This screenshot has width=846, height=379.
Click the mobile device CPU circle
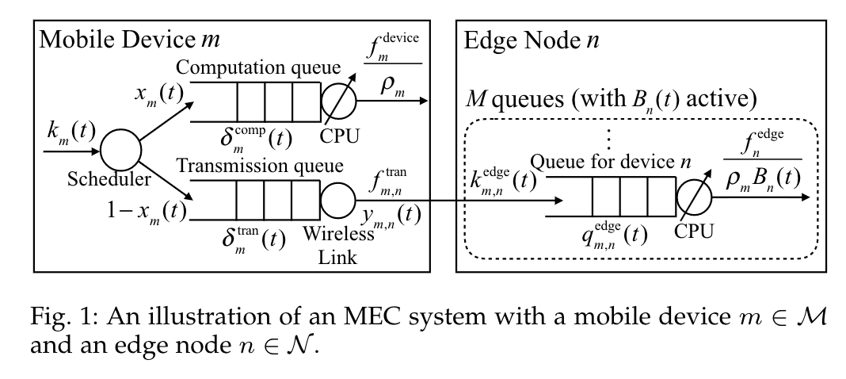(339, 101)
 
